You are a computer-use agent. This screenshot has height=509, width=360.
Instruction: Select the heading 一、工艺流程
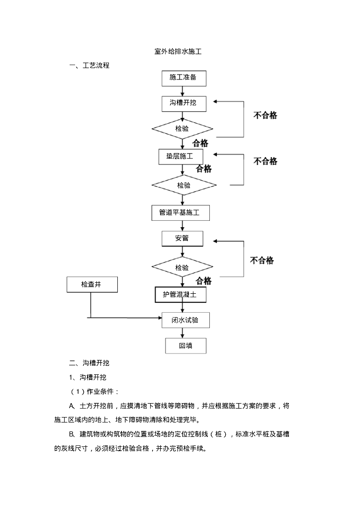click(89, 65)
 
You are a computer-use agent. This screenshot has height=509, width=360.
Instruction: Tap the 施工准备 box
click(182, 78)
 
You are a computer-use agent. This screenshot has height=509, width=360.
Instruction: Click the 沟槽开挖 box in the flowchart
click(182, 103)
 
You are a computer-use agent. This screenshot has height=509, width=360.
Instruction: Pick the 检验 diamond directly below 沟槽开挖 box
click(182, 128)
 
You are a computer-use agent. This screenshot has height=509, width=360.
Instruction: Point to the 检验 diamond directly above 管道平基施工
click(183, 185)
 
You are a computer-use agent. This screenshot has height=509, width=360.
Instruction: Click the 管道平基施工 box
click(180, 213)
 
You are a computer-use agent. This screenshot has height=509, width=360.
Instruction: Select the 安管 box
click(182, 238)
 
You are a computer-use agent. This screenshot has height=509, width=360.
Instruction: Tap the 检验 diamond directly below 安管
click(182, 267)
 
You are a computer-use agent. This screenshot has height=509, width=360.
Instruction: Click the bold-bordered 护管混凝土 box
click(180, 294)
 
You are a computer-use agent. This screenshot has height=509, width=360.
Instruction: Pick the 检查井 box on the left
click(91, 284)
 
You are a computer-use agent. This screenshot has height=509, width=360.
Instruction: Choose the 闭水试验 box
click(185, 320)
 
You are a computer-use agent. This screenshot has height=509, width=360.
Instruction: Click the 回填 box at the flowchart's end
click(185, 346)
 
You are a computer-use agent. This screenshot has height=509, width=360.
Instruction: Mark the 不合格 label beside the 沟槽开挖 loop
click(266, 115)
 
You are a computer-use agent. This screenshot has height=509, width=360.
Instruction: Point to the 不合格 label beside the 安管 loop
click(262, 260)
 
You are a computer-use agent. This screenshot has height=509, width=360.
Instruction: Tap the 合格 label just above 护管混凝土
click(203, 281)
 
